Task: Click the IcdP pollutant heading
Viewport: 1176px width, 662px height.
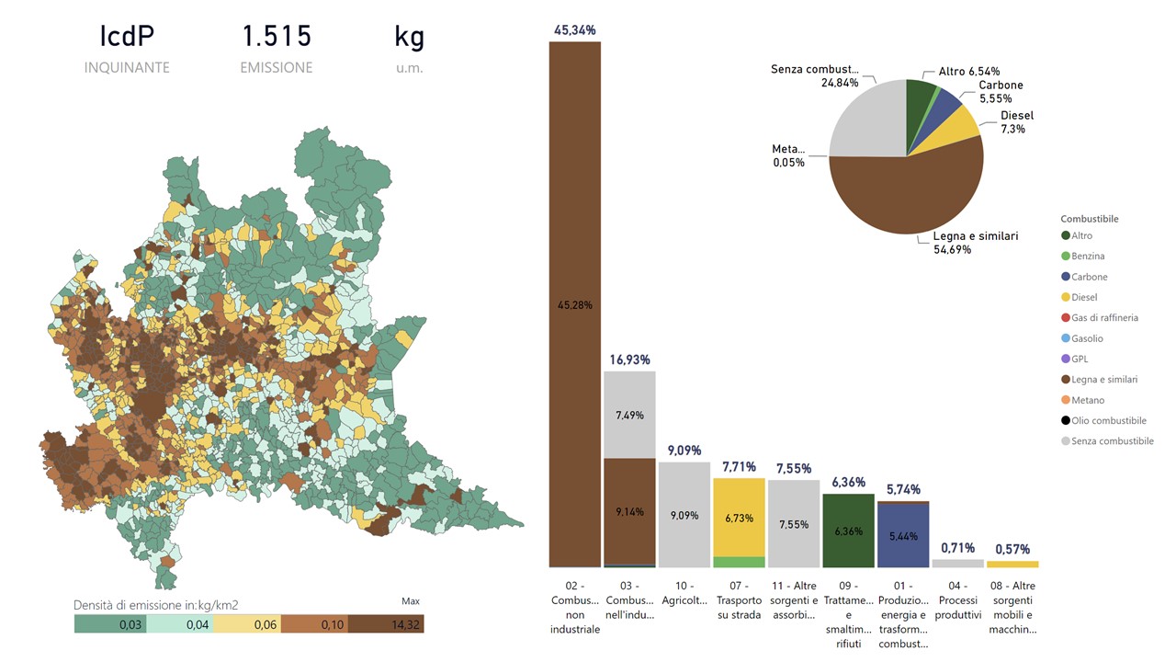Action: click(127, 37)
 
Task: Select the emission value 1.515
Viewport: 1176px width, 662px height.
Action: click(277, 37)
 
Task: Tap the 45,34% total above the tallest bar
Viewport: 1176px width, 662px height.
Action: click(574, 30)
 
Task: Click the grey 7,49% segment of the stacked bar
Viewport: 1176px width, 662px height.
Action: click(629, 414)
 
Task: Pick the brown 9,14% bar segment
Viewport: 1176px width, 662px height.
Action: click(629, 511)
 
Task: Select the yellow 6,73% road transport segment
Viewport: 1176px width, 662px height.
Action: click(739, 517)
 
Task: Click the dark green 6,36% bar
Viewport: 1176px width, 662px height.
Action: click(848, 531)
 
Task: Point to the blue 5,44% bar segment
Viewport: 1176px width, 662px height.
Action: click(903, 535)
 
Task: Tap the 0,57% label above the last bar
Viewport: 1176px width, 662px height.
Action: click(1012, 550)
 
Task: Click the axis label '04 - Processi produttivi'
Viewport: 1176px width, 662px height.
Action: click(958, 607)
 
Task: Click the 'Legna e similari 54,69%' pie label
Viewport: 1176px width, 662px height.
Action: click(975, 243)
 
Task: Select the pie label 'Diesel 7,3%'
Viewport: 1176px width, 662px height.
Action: click(1016, 122)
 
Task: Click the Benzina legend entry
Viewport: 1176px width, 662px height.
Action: click(1088, 257)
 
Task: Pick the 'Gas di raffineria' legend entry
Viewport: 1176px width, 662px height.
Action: click(1103, 318)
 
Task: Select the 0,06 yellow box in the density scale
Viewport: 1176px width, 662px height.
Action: click(248, 624)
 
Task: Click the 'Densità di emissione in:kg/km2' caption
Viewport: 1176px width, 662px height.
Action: click(163, 605)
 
